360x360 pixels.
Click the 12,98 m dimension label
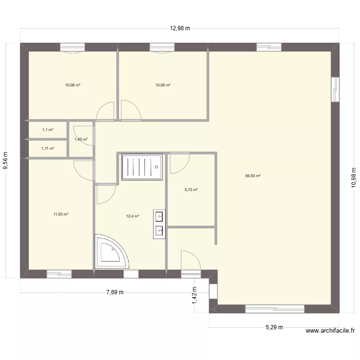pyautogui.click(x=180, y=28)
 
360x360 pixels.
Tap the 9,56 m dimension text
pyautogui.click(x=5, y=160)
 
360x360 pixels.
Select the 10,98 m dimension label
pyautogui.click(x=354, y=178)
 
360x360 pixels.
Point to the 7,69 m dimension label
pyautogui.click(x=115, y=292)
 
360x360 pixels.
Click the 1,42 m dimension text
pyautogui.click(x=194, y=296)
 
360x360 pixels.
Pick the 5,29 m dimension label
pyautogui.click(x=274, y=327)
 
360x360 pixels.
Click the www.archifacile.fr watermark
pyautogui.click(x=330, y=331)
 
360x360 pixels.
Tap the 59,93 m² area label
pyautogui.click(x=253, y=176)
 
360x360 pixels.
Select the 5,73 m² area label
pyautogui.click(x=191, y=190)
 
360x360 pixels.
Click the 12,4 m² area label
pyautogui.click(x=132, y=216)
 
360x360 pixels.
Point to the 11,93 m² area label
pyautogui.click(x=60, y=214)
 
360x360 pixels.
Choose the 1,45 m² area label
pyautogui.click(x=81, y=139)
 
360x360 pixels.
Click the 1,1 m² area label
pyautogui.click(x=48, y=130)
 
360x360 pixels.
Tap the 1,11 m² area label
pyautogui.click(x=48, y=148)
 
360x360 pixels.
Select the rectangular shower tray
pyautogui.click(x=142, y=167)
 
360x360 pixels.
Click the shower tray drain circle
pyautogui.click(x=156, y=167)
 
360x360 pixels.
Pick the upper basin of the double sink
pyautogui.click(x=159, y=217)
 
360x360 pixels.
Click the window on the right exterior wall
pyautogui.click(x=335, y=89)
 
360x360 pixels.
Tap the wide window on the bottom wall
pyautogui.click(x=275, y=309)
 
